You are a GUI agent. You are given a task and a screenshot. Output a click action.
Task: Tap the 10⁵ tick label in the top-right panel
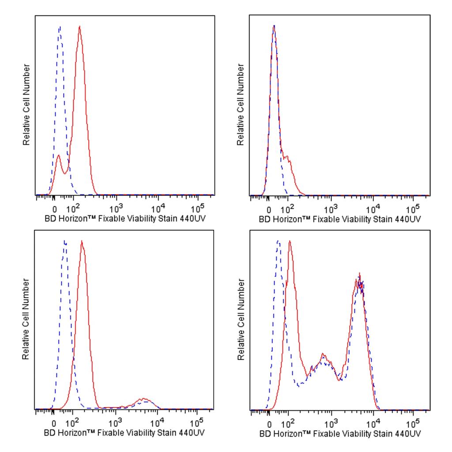[413, 208]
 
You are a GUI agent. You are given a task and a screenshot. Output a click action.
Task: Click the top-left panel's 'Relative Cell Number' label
[26, 105]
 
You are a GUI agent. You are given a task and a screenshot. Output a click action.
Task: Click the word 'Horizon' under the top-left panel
[72, 219]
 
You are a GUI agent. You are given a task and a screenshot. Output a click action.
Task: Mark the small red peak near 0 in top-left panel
[58, 155]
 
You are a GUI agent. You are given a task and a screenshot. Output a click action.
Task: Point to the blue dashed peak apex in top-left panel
[60, 27]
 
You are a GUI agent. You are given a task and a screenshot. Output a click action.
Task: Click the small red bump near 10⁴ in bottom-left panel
[144, 399]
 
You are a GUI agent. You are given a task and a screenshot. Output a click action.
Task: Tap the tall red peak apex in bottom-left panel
[82, 241]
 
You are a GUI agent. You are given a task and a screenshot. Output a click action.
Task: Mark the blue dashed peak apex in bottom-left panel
[65, 241]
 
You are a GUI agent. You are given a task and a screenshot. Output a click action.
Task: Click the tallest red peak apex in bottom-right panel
[290, 241]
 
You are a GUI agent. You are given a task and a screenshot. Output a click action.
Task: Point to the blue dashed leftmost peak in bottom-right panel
[278, 241]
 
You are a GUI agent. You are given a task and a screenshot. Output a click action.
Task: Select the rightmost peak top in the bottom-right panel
[360, 275]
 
